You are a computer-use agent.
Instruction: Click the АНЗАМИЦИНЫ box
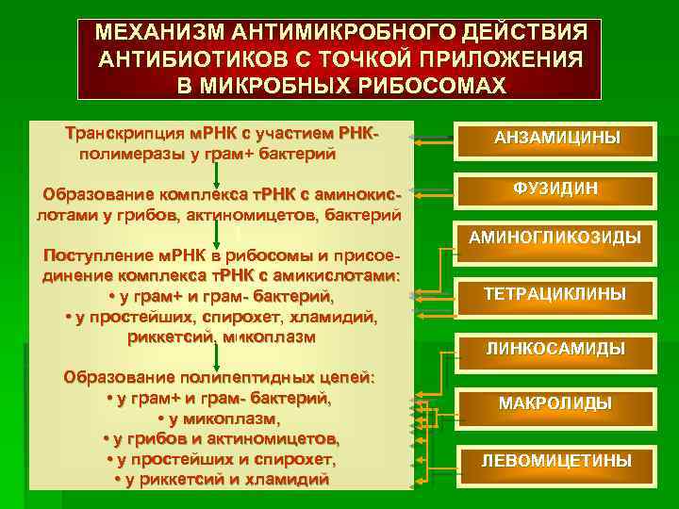point(556,139)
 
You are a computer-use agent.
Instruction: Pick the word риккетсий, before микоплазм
point(173,336)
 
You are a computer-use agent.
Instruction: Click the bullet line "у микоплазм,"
point(219,419)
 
